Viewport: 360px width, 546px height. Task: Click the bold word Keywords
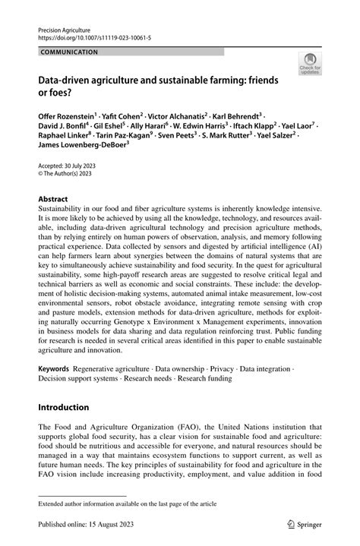[x=55, y=367]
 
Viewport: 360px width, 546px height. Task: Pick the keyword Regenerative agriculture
[x=115, y=367]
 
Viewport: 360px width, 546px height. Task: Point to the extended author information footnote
[x=128, y=503]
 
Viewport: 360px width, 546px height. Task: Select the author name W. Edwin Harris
[x=212, y=125]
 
